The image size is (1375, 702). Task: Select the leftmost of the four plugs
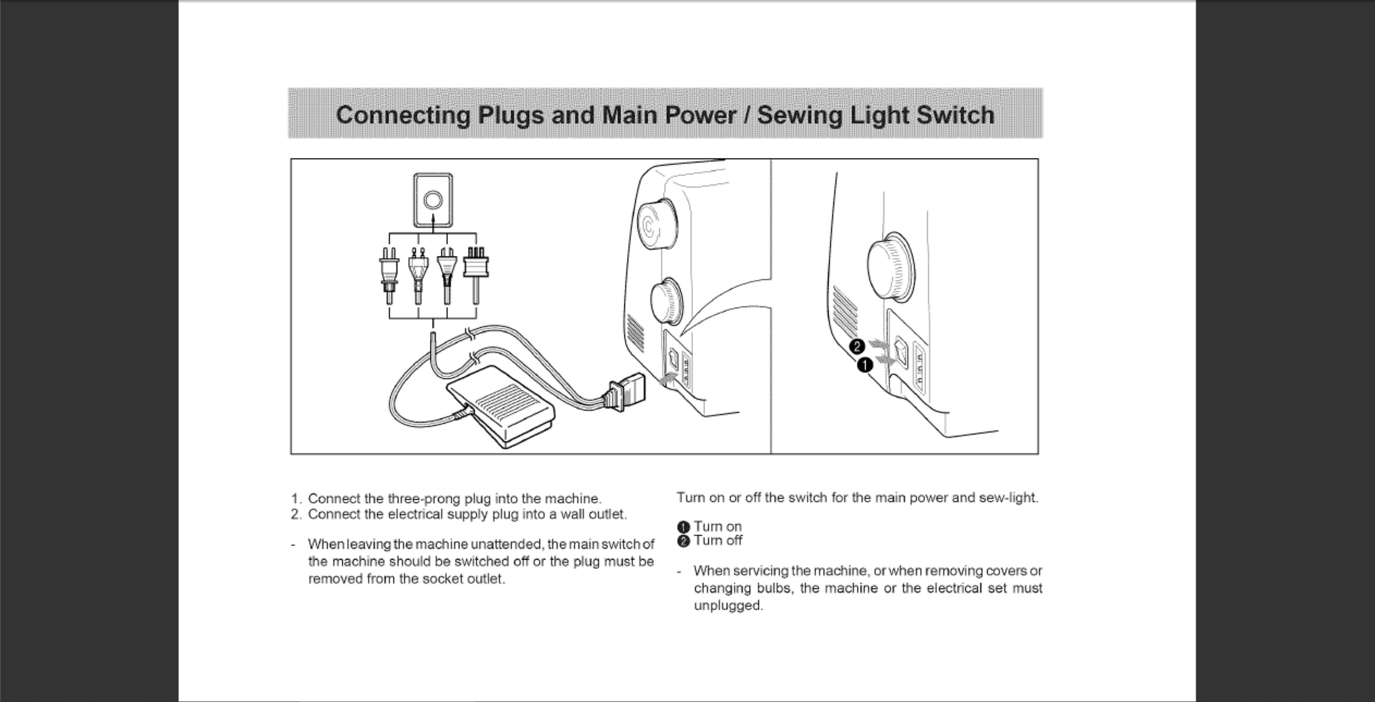[x=389, y=275]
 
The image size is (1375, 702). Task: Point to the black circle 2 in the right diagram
[x=857, y=346]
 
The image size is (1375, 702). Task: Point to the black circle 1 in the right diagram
[x=865, y=365]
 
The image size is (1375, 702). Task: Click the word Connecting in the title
[x=403, y=116]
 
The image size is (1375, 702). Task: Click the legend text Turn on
[x=717, y=527]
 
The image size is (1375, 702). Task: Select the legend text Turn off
[x=717, y=540]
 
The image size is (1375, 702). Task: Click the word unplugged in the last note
[x=728, y=606]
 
